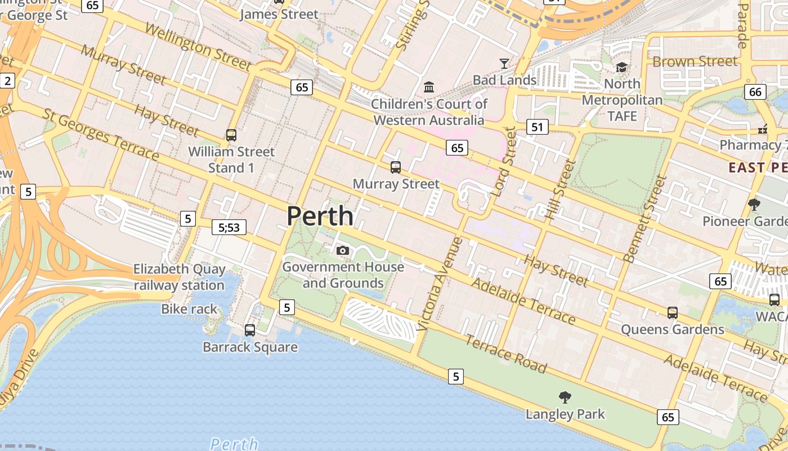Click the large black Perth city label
[x=320, y=216]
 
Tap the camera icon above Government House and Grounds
[x=342, y=250]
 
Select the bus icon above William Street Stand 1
[x=231, y=135]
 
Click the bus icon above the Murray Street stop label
[x=396, y=167]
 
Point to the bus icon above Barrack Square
[x=250, y=330]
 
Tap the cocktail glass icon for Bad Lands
[x=504, y=63]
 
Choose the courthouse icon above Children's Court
[x=429, y=87]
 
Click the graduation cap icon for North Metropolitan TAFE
[x=621, y=68]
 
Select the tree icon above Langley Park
[x=565, y=397]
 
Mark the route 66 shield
[x=755, y=91]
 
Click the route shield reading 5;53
[x=229, y=227]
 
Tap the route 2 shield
[x=7, y=81]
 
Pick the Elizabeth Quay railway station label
[x=179, y=277]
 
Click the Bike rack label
[x=189, y=309]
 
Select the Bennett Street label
[x=645, y=219]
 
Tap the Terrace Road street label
[x=505, y=354]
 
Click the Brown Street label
[x=695, y=61]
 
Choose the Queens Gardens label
[x=672, y=329]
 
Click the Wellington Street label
[x=197, y=47]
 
